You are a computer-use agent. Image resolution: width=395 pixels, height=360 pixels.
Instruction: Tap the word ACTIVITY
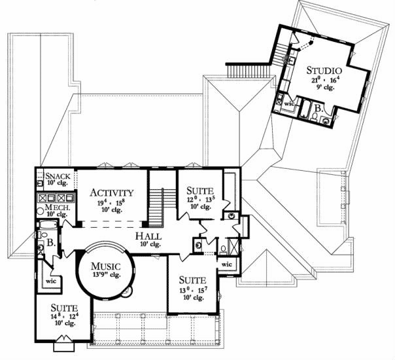[x=112, y=193]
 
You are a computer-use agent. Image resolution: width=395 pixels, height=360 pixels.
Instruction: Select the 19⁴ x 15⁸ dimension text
[x=111, y=202]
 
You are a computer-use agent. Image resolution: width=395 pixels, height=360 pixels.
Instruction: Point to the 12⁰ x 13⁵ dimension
[x=200, y=199]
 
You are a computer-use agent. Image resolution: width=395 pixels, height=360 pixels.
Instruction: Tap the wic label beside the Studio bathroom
[x=288, y=103]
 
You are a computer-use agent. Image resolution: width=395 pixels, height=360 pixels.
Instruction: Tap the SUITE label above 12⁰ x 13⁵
[x=200, y=190]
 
